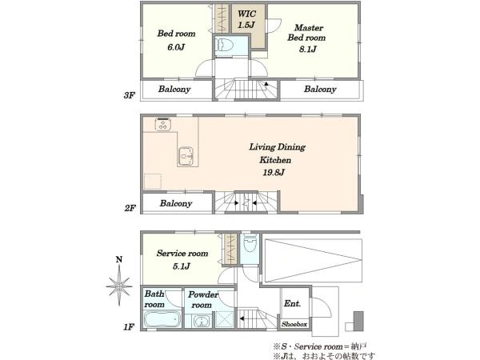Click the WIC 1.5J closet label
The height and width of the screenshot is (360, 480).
[x=246, y=19]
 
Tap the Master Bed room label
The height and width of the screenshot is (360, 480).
[x=306, y=33]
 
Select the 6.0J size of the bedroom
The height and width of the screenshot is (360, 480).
[x=176, y=47]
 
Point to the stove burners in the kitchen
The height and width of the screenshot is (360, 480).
[x=163, y=124]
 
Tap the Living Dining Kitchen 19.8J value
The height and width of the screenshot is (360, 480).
[x=274, y=172]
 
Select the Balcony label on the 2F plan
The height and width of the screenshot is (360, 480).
[x=176, y=203]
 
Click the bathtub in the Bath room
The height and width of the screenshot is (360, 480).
[x=162, y=319]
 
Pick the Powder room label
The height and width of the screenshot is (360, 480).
[x=202, y=299]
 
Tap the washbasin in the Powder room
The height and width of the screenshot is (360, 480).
[x=202, y=322]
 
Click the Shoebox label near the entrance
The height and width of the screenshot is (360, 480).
[x=294, y=324]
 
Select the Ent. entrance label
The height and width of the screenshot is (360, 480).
[x=292, y=303]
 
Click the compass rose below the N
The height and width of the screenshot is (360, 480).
[x=119, y=286]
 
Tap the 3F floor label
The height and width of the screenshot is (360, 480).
[x=129, y=95]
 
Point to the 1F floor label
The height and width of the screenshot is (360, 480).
[x=129, y=327]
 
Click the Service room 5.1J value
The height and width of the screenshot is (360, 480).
[x=182, y=266]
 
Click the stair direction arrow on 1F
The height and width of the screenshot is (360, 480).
[x=242, y=318]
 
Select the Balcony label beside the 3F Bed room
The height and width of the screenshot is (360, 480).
[x=174, y=89]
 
